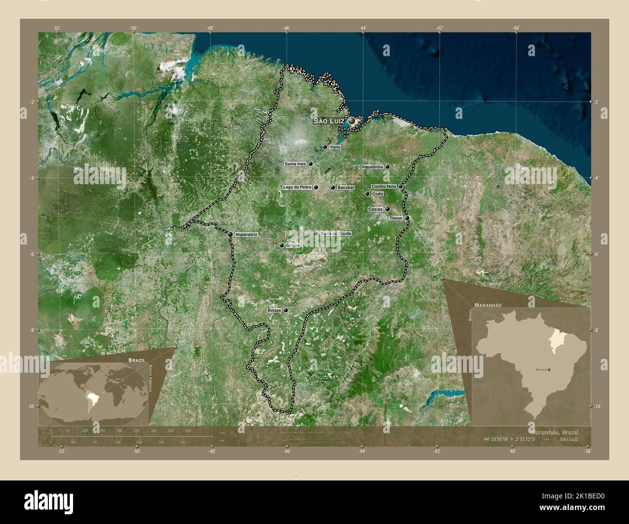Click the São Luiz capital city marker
point(352,120)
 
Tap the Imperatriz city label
point(246,234)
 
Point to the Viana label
point(334,146)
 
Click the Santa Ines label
point(295,164)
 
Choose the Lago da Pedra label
point(297,187)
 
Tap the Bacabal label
point(346,188)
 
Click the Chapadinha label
point(371,167)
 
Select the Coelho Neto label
point(384,186)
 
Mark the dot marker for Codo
point(367,194)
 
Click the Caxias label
point(375,209)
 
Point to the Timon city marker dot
point(407,218)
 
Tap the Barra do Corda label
point(336,233)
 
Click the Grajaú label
point(293,245)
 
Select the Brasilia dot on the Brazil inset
point(549,369)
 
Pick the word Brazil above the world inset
point(136,360)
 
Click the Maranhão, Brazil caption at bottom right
point(554,431)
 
